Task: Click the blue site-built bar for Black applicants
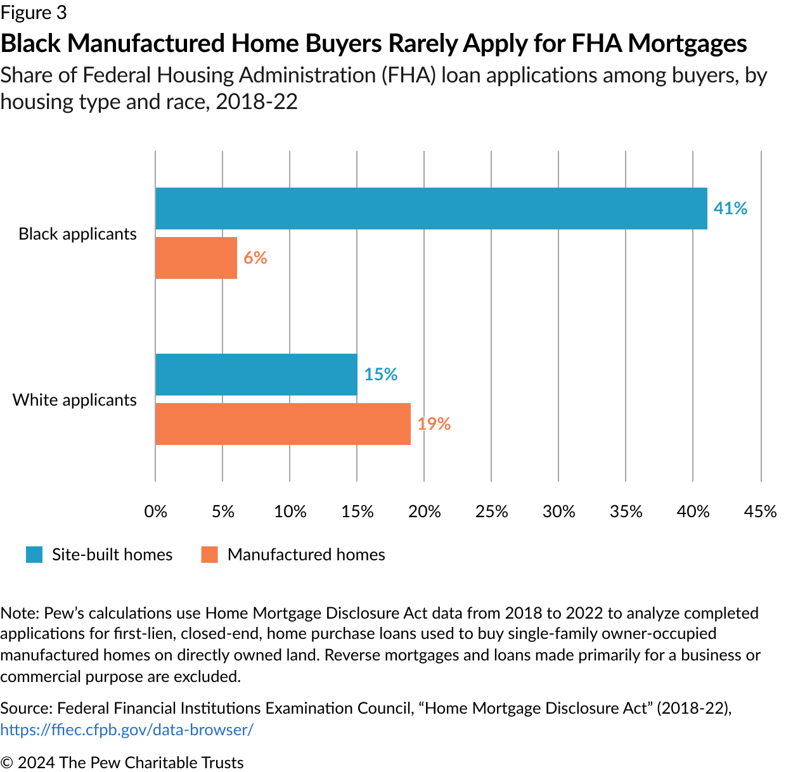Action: click(x=431, y=209)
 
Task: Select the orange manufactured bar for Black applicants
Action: click(x=196, y=258)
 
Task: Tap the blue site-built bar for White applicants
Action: click(x=256, y=375)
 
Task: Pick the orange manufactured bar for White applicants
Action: click(x=283, y=424)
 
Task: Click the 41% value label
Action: click(x=730, y=209)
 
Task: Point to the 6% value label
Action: click(x=255, y=258)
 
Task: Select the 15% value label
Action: click(x=380, y=375)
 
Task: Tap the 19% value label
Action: click(x=434, y=424)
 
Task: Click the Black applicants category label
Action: click(x=77, y=234)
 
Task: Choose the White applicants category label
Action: click(x=75, y=400)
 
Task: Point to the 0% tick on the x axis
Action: click(x=156, y=511)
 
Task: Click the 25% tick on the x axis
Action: click(x=492, y=511)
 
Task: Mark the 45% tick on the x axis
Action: click(x=761, y=511)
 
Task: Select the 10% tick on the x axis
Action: click(x=290, y=511)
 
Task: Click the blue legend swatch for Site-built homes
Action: click(x=34, y=555)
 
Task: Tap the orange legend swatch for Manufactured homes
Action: click(x=210, y=555)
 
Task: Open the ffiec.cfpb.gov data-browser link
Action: click(x=127, y=730)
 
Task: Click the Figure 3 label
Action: click(x=34, y=13)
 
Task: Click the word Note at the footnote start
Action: click(x=20, y=613)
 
